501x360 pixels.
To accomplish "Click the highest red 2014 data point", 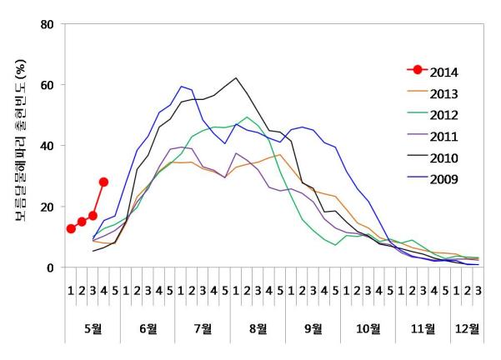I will tap(103, 182).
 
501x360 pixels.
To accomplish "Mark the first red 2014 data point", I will tap(71, 229).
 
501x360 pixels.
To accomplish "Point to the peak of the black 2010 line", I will tap(236, 78).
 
